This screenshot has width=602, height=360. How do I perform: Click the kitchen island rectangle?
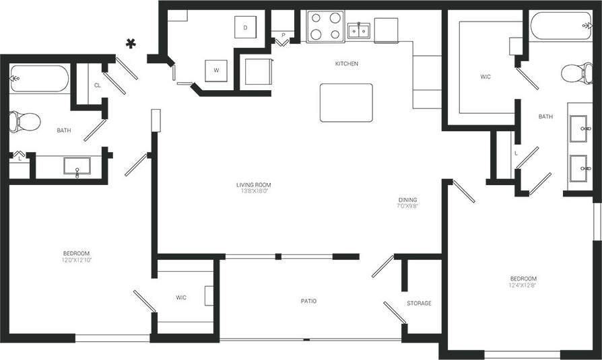[x=346, y=102]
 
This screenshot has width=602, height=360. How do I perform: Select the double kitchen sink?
[x=358, y=30]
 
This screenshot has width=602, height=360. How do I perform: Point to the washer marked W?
[x=216, y=70]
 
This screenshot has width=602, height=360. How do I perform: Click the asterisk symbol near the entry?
[x=131, y=44]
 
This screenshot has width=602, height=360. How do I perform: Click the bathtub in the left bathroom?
[x=39, y=79]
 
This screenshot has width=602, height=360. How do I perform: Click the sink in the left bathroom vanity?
[x=78, y=165]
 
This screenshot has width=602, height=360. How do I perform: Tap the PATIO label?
[x=308, y=301]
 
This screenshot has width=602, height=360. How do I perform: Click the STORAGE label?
[x=419, y=303]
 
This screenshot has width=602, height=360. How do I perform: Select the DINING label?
[x=407, y=200]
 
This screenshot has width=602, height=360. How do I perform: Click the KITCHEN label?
[x=346, y=64]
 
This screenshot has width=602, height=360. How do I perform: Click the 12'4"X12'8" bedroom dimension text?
[x=523, y=285]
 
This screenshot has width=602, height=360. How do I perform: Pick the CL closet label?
[x=98, y=85]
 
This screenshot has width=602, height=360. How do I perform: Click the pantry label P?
[x=283, y=34]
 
